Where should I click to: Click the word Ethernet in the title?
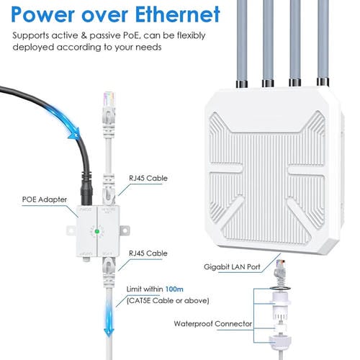coord(170,14)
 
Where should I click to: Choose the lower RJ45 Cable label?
coord(151,253)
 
